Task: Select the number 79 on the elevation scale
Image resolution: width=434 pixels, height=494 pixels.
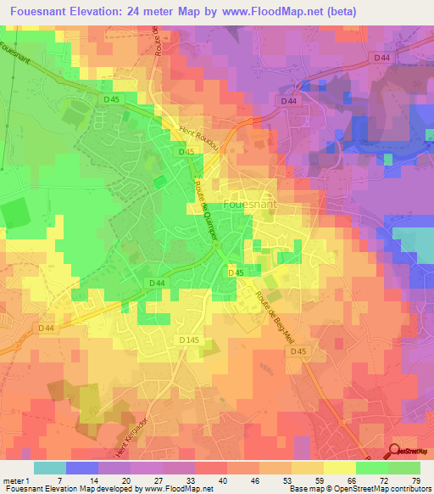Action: click(415, 480)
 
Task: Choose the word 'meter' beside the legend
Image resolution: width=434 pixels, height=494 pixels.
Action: click(14, 480)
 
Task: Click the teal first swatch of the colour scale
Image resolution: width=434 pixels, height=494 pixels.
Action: click(49, 468)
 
